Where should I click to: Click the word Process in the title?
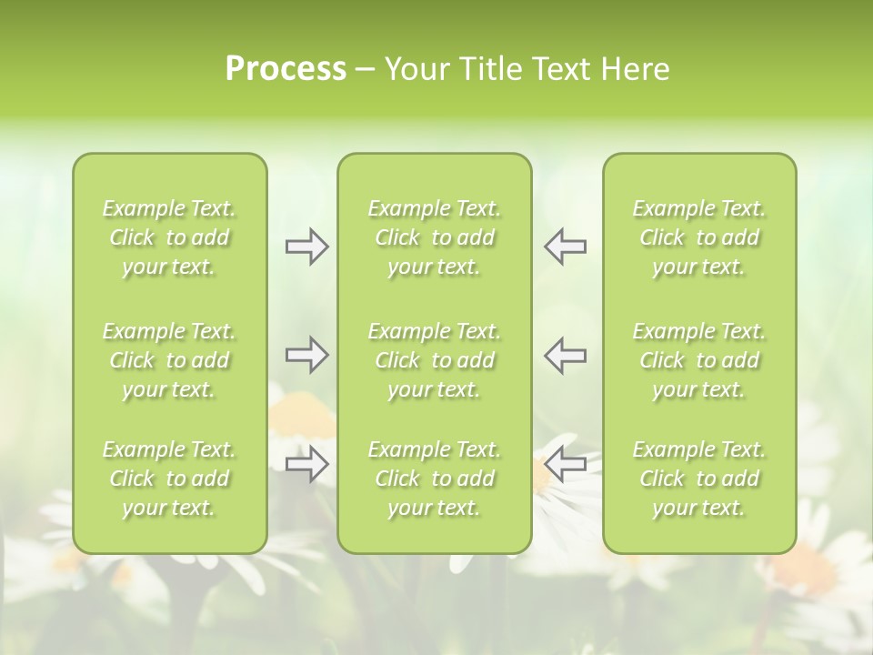click(x=286, y=69)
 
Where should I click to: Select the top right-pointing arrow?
click(x=306, y=247)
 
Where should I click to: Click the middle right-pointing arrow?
click(x=306, y=355)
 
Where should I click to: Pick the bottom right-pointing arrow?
click(x=306, y=465)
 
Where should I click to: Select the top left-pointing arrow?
click(x=565, y=247)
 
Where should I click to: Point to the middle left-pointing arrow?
click(x=565, y=355)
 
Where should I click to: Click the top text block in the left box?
click(x=169, y=237)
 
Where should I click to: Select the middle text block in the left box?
click(x=169, y=360)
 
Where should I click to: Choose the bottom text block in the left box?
click(x=169, y=479)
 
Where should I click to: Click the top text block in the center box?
click(x=435, y=237)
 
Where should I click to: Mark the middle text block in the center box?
click(x=435, y=360)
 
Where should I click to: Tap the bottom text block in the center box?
click(x=435, y=479)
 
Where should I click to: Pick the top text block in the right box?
click(x=699, y=237)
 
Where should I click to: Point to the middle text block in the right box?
click(x=699, y=360)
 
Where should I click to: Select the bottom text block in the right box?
click(x=699, y=479)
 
